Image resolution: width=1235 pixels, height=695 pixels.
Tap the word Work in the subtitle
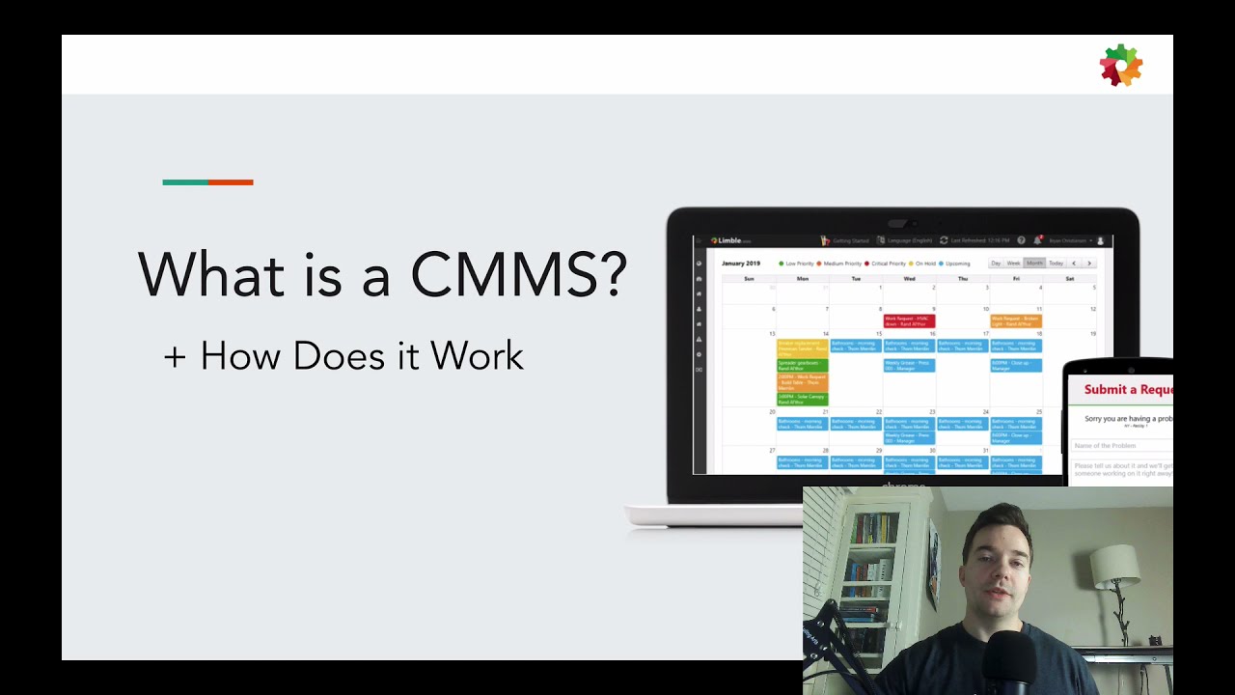click(477, 356)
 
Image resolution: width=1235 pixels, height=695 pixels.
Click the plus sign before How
click(174, 356)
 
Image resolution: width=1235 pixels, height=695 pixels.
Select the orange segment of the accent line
click(231, 181)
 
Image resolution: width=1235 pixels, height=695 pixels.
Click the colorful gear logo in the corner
click(1120, 66)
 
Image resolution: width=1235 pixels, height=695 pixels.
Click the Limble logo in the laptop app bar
click(728, 240)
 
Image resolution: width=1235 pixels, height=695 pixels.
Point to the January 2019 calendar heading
click(741, 263)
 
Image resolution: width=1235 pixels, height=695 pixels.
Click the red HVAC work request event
click(909, 320)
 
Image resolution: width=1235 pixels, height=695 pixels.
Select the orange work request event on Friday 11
click(1016, 320)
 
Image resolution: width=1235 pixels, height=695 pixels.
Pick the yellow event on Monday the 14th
click(802, 347)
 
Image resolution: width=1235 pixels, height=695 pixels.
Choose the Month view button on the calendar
click(1034, 263)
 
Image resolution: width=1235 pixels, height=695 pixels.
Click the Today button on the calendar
click(1056, 263)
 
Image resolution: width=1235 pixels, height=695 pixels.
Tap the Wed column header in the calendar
click(909, 278)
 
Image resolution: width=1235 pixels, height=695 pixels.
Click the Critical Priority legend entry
click(889, 263)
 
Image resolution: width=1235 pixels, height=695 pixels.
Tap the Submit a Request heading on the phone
click(1127, 390)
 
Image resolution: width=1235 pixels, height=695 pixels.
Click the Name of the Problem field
click(1119, 446)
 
